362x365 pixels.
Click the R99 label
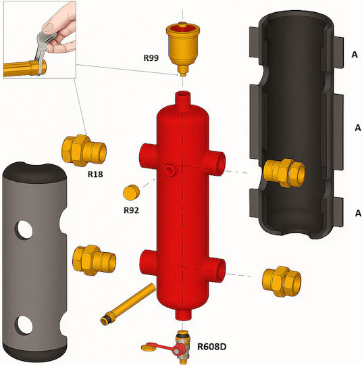151,57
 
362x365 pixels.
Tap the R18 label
95,174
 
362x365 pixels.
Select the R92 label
131,210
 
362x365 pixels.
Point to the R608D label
211,347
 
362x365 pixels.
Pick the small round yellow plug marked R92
131,192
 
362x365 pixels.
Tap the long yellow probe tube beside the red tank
128,303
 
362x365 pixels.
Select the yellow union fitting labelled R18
84,150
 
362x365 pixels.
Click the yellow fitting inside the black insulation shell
284,173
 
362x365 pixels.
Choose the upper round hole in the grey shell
24,230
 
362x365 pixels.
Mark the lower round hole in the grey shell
24,325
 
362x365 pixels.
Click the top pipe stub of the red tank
183,100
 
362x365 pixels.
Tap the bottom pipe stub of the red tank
183,314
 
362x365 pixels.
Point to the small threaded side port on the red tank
170,169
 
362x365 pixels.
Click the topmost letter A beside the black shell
355,55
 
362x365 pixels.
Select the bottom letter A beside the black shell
358,213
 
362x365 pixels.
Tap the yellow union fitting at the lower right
282,281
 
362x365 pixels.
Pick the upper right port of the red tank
214,163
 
